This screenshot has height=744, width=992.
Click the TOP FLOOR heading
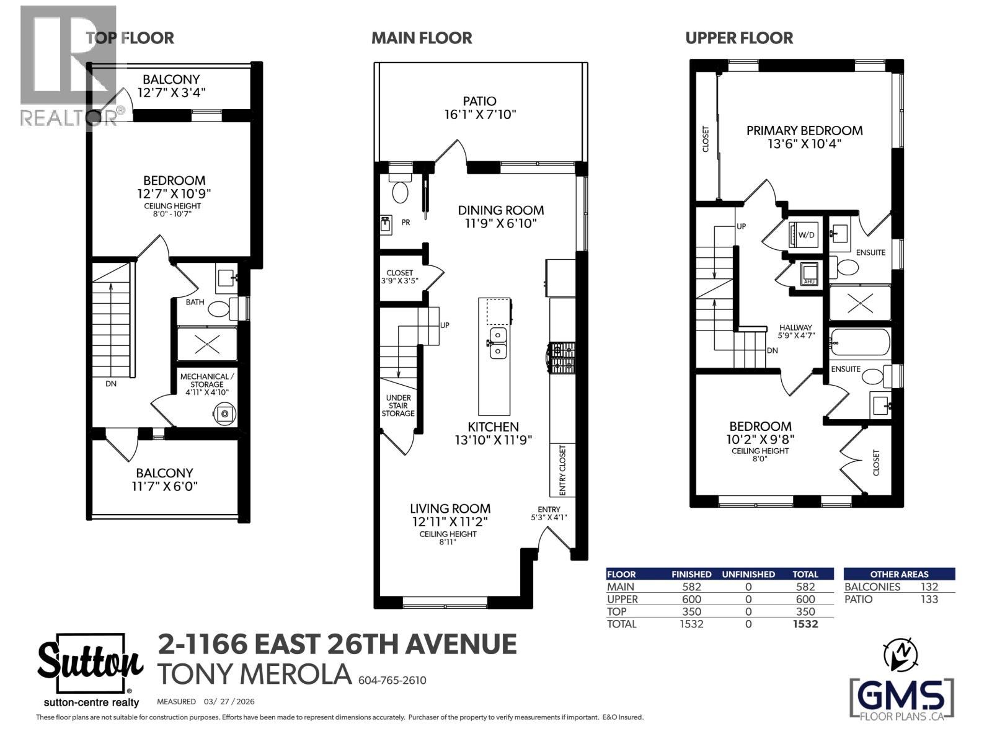[130, 38]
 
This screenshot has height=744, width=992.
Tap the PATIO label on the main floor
[479, 101]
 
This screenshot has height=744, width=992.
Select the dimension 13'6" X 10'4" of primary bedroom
[804, 144]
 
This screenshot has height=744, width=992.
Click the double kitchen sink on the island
[497, 343]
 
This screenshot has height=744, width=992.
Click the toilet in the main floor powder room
[401, 189]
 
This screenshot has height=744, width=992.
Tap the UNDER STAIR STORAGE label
[398, 405]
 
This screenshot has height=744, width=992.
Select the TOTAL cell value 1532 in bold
[805, 624]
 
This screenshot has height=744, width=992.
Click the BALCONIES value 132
[929, 587]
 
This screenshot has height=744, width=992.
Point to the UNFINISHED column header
[748, 574]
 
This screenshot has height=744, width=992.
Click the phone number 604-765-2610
[392, 681]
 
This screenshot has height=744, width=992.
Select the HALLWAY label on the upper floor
[795, 327]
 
